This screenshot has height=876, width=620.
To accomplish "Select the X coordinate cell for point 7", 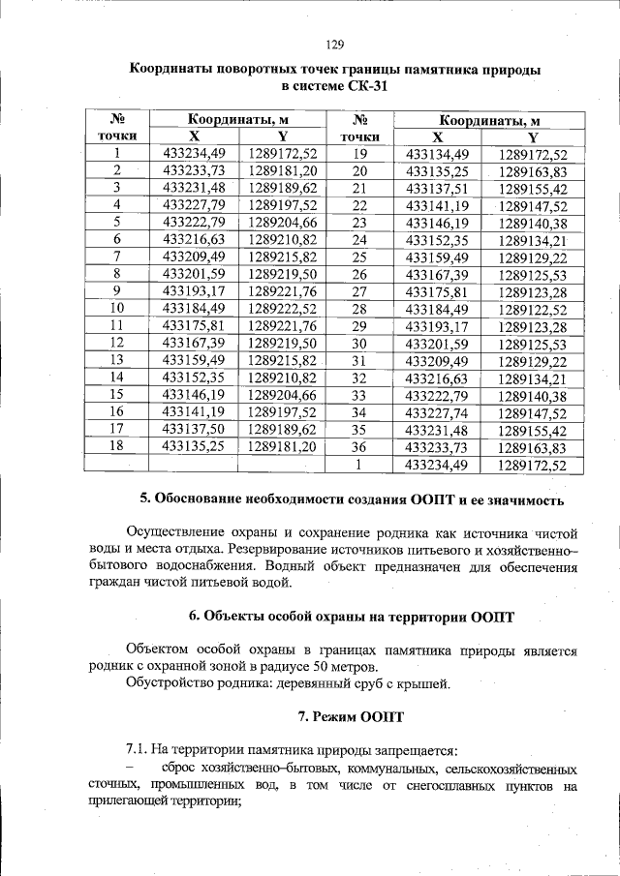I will click(x=194, y=257).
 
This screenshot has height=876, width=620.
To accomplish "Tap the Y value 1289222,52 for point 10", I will click(x=283, y=308).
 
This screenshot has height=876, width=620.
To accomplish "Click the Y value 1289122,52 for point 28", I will click(x=533, y=309).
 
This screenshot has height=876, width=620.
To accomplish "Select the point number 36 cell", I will click(x=359, y=448).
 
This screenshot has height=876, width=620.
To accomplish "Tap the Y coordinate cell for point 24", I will click(x=533, y=240).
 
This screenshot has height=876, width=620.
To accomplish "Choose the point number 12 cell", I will click(x=117, y=342).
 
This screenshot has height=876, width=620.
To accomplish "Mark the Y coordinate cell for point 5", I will click(x=283, y=222).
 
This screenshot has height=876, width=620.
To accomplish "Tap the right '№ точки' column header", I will click(x=359, y=128).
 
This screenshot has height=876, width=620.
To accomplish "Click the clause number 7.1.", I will click(x=139, y=750).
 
